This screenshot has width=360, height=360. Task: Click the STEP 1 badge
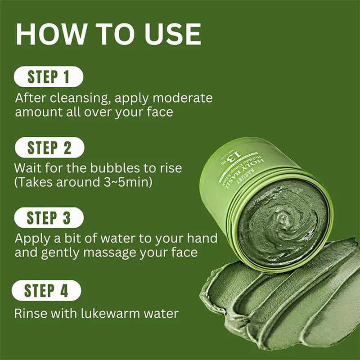[x=49, y=76]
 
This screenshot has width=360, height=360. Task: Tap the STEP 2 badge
[x=49, y=148]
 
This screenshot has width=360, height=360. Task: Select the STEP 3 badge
[x=49, y=218]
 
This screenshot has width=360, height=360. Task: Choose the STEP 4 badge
[x=47, y=291]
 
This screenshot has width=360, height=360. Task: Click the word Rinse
[x=30, y=313]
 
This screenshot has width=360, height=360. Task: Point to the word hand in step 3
[x=201, y=238]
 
